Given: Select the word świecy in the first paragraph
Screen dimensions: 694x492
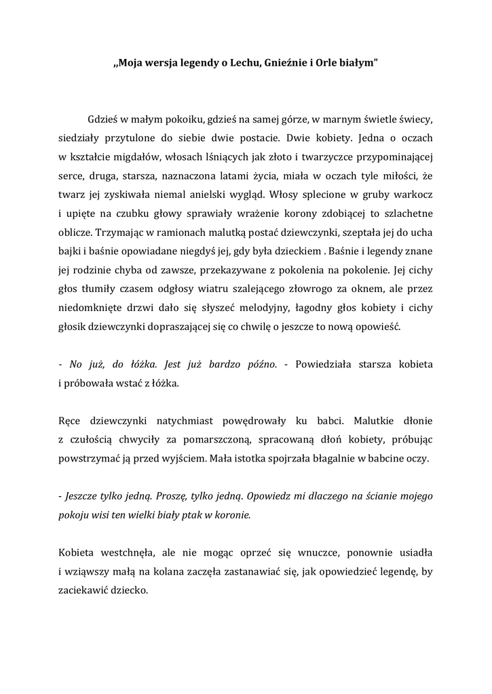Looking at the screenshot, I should click(415, 120).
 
